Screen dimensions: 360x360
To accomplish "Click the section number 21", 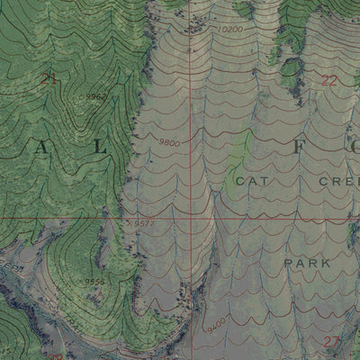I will tap(49, 80).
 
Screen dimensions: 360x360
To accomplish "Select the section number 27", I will tap(330, 340).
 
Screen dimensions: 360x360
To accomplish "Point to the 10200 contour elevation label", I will tap(230, 30).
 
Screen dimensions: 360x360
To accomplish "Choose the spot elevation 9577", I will tap(144, 223).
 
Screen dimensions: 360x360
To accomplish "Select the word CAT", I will tap(253, 181).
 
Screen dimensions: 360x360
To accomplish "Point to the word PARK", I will tap(307, 263).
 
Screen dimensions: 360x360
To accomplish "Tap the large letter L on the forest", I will tap(100, 145).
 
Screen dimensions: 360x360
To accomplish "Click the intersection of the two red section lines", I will tap(191, 218).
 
